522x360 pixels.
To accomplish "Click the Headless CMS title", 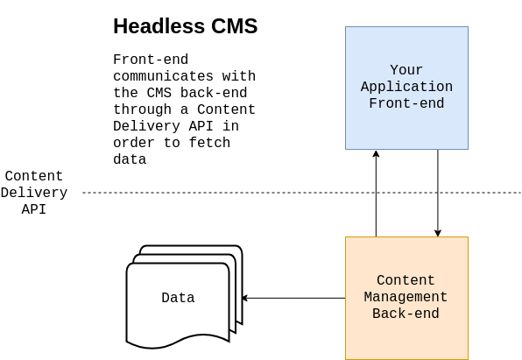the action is [186, 26].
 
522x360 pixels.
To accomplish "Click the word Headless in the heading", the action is [159, 26].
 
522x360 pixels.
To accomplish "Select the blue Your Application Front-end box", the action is [406, 88].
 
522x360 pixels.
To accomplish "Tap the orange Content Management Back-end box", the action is [406, 298].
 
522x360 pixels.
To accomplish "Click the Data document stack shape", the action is [185, 297].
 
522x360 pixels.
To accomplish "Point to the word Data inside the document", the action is [178, 298].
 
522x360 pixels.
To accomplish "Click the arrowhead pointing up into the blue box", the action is [377, 153].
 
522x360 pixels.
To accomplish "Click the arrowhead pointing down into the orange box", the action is [438, 233].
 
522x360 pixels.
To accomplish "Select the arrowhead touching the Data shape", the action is [245, 298].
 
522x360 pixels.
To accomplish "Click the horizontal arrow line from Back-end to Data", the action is [294, 298].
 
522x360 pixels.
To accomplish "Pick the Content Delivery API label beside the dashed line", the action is [34, 193].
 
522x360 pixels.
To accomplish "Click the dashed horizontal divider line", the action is [301, 193].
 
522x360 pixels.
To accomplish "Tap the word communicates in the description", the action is [164, 76].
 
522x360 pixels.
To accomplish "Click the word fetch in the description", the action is [209, 143].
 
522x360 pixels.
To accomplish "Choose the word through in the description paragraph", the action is [143, 109].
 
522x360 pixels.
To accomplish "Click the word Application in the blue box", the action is [406, 87].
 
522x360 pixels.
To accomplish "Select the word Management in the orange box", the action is [406, 297].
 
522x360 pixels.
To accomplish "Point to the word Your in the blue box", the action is [406, 70].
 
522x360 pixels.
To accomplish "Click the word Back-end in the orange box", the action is [406, 314].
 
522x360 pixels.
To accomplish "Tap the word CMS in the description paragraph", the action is [159, 93].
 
